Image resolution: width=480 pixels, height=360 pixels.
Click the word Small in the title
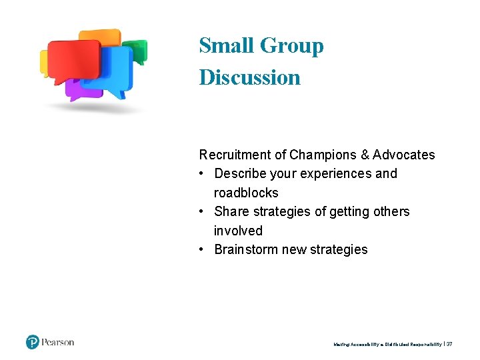[226, 45]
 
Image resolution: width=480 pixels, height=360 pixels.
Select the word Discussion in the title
[249, 77]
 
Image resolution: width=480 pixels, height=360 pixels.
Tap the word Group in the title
[291, 45]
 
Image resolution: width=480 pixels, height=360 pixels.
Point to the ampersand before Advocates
[364, 155]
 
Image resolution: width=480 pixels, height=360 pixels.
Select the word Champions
[323, 155]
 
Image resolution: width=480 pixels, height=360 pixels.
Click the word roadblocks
[246, 193]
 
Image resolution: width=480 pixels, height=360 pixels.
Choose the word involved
[238, 231]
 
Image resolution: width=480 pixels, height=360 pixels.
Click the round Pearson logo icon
[33, 343]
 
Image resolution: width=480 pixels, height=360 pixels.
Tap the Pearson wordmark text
[58, 343]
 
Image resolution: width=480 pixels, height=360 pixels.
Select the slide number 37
[449, 344]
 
